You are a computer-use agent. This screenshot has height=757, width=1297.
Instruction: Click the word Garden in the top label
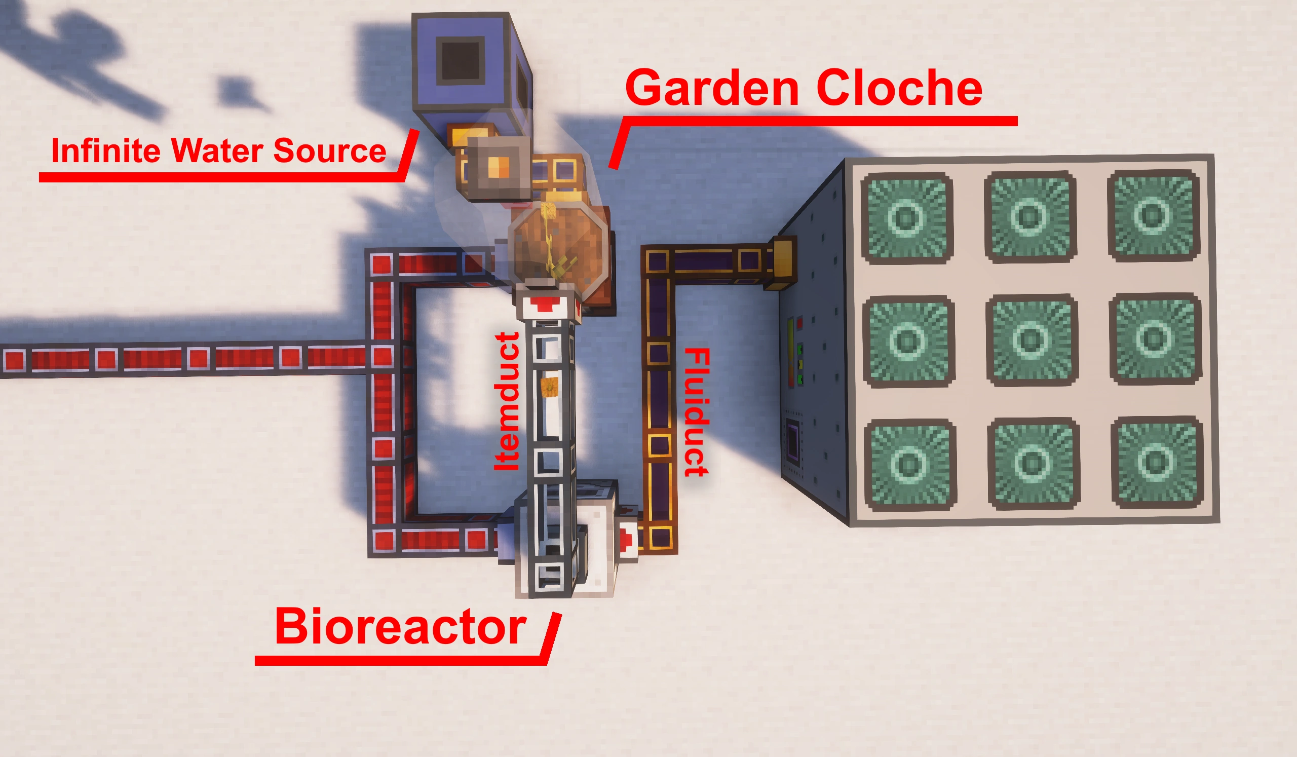(712, 89)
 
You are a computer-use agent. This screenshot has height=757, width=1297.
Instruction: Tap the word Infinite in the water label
(105, 151)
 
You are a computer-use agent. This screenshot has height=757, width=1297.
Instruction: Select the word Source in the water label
(329, 151)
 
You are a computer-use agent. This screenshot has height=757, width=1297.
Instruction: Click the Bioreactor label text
(400, 627)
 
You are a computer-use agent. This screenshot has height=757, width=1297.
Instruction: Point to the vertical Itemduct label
(507, 401)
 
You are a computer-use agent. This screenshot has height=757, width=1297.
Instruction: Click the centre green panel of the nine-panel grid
(1032, 339)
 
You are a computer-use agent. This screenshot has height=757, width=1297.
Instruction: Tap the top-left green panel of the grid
(907, 218)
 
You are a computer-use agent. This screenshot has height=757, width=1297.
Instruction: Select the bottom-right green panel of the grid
(1157, 462)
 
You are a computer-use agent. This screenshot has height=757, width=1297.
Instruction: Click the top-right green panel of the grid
(1154, 216)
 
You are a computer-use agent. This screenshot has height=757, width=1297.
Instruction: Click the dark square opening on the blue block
(460, 61)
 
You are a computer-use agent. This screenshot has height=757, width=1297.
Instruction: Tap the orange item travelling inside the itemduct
(550, 387)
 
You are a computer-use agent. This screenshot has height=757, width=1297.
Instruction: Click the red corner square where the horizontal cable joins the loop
(382, 356)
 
